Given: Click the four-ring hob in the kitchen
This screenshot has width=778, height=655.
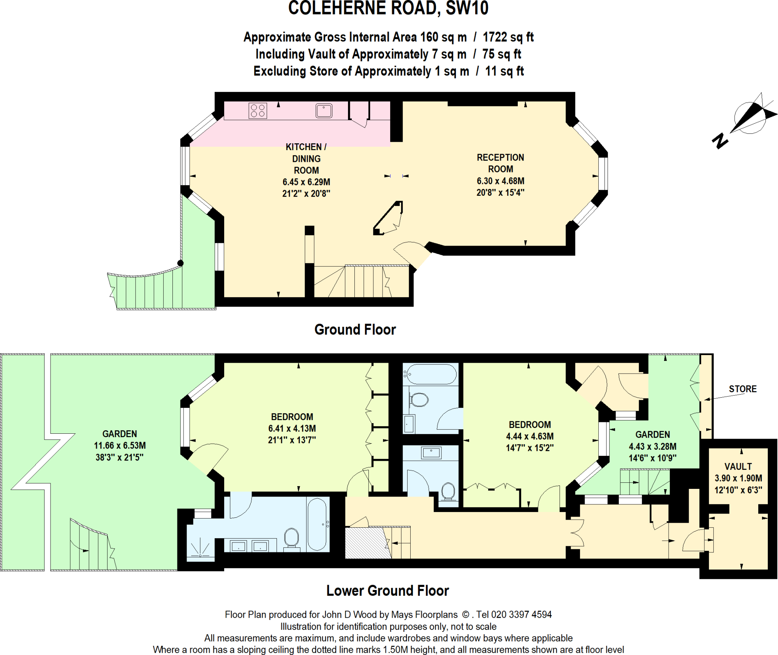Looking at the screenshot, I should click(x=258, y=111).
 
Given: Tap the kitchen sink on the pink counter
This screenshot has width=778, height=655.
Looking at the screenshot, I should click(x=324, y=111).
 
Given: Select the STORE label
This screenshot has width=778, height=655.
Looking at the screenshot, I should click(x=742, y=389).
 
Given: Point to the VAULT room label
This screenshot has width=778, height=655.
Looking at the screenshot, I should click(x=738, y=466).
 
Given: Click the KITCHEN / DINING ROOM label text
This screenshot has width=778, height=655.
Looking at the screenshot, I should click(x=306, y=158).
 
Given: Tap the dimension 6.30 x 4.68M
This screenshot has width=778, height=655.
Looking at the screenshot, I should click(x=500, y=181).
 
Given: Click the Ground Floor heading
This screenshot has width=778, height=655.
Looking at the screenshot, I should click(x=355, y=330).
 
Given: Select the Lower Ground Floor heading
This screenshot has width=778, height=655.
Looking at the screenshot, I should click(x=387, y=590).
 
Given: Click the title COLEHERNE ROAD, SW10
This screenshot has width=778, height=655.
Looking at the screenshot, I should click(x=388, y=8).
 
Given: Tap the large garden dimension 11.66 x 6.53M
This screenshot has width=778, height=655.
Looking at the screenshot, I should click(x=120, y=446).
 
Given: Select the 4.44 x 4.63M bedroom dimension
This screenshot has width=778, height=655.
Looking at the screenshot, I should click(x=530, y=436).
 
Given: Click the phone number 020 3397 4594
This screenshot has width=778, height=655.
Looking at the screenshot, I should click(x=521, y=615).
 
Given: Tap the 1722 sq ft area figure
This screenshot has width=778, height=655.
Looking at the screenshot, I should click(x=508, y=37).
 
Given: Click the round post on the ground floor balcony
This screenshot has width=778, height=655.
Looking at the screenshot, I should click(x=180, y=263).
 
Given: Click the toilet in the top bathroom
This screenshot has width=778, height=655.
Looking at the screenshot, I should click(x=419, y=400).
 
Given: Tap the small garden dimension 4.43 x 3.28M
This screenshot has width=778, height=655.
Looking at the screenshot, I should click(x=652, y=446).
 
